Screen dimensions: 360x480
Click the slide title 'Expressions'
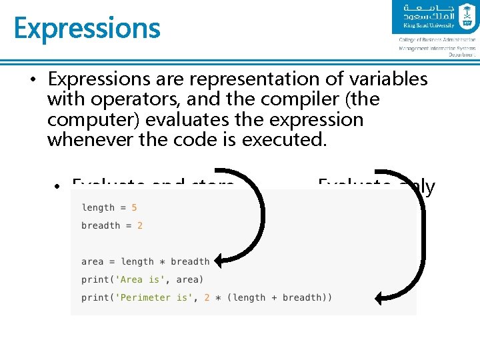pyautogui.click(x=87, y=28)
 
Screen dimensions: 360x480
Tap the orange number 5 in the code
pyautogui.click(x=134, y=207)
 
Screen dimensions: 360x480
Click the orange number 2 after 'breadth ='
pyautogui.click(x=140, y=225)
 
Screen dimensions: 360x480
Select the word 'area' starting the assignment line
pyautogui.click(x=93, y=261)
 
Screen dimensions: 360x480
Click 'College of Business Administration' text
pyautogui.click(x=437, y=40)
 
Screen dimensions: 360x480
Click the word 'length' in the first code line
pyautogui.click(x=98, y=207)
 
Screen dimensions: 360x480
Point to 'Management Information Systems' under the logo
pyautogui.click(x=437, y=48)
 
